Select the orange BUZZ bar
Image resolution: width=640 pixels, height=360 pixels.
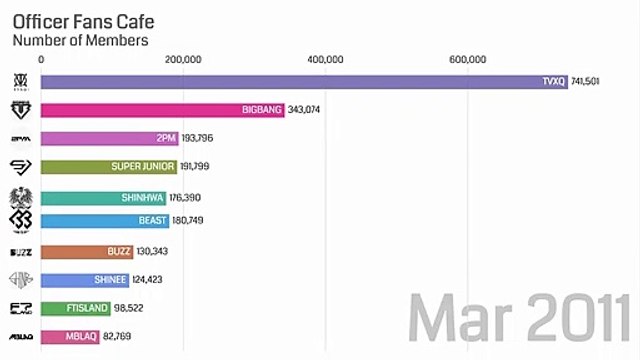coord(86,251)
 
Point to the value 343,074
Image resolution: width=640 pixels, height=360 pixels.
coord(307,109)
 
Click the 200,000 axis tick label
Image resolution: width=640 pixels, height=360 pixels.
coord(183,60)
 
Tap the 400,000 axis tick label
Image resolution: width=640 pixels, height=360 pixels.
coord(326,60)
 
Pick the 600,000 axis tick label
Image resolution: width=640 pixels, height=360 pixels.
coord(468,60)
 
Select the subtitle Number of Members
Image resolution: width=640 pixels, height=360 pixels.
coord(80,41)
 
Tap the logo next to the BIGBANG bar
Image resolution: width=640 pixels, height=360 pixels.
coord(20,109)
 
